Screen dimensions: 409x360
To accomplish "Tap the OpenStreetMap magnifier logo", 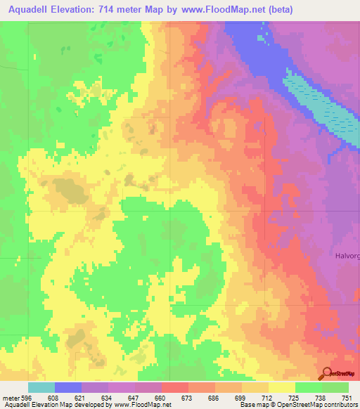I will (x=326, y=374).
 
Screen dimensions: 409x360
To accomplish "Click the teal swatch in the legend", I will (x=41, y=387).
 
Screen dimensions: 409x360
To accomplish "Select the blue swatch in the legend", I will (x=68, y=387).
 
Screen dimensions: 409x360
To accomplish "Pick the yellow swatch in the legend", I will (x=282, y=387).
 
